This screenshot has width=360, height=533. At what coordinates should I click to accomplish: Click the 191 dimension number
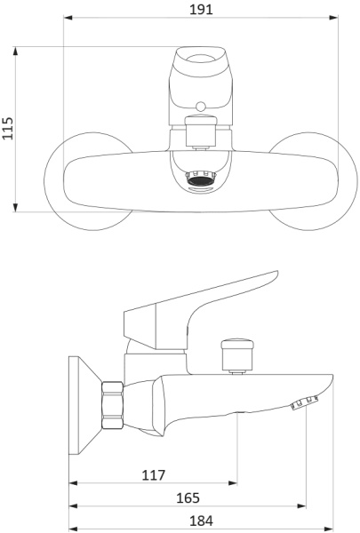(201, 9)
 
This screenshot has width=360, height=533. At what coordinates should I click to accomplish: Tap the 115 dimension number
(8, 128)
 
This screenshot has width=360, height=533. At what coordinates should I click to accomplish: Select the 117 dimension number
(153, 475)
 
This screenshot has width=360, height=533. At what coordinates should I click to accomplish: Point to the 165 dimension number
(188, 498)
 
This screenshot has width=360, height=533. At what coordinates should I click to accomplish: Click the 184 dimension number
(201, 521)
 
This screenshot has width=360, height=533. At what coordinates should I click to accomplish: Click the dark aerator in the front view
(201, 179)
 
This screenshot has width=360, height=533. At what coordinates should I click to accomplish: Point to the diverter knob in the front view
(201, 131)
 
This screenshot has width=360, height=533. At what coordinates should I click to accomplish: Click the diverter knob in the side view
(237, 356)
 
